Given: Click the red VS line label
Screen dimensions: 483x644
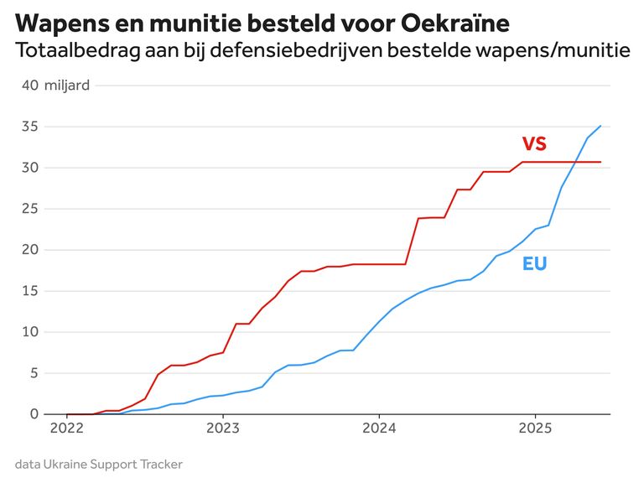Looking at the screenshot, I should click(x=534, y=143).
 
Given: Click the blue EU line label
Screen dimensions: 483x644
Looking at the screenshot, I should click(x=534, y=263).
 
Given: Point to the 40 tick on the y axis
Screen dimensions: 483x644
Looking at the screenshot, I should click(x=30, y=86).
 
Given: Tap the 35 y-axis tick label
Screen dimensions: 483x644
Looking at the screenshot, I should click(x=30, y=127).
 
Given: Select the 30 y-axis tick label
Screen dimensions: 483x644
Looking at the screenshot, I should click(x=30, y=168).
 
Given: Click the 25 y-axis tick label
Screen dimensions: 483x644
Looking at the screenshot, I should click(x=30, y=209).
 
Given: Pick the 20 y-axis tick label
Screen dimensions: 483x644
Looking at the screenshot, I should click(x=30, y=250).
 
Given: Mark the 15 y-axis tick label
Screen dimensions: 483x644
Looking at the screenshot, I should click(x=30, y=291).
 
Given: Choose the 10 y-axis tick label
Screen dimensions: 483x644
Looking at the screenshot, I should click(x=30, y=332).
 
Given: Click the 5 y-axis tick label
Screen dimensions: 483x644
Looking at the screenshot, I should click(x=34, y=373).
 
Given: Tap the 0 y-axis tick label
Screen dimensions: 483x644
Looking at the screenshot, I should click(x=34, y=414).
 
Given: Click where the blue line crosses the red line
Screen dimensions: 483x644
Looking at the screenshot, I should click(x=576, y=162).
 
